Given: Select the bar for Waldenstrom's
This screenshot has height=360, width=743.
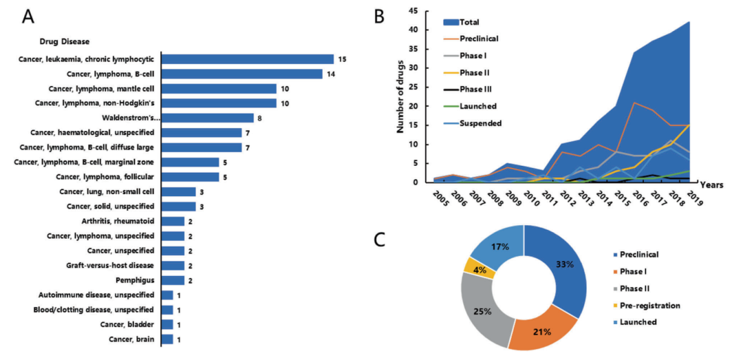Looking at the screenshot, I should (207, 118).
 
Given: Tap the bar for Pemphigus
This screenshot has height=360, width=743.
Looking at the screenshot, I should (173, 279).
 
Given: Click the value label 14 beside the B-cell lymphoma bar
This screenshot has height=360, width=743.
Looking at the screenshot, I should (332, 74).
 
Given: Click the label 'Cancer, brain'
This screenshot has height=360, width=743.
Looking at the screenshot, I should (131, 339).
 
